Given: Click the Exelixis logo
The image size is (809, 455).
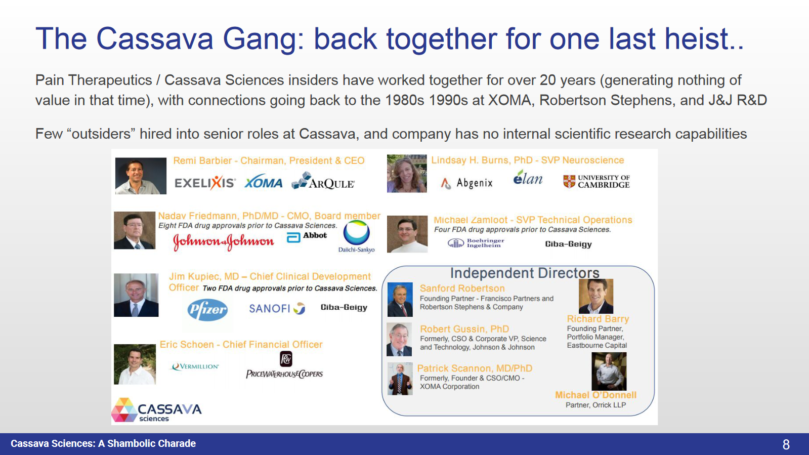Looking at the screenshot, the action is [205, 183].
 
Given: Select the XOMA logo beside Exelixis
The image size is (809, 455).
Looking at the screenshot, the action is [263, 182].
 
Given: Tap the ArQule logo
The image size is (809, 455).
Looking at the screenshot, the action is [323, 181].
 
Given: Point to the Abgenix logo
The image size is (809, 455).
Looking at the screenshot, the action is [466, 183].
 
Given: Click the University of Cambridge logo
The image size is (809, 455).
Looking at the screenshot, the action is [597, 181].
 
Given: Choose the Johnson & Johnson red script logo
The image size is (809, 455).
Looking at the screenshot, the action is [223, 242].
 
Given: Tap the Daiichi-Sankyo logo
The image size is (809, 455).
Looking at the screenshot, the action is [357, 237].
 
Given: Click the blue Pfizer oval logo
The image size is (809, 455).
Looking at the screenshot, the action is [207, 310].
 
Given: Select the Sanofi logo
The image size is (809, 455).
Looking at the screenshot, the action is [277, 308].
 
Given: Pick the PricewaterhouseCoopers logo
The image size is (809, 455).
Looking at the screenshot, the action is [285, 365].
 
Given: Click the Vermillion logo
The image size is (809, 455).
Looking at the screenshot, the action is [195, 366].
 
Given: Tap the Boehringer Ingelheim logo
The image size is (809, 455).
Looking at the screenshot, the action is [476, 243].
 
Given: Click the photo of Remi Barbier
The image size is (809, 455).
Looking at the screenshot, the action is [141, 176].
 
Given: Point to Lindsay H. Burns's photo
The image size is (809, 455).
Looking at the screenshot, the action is [407, 174].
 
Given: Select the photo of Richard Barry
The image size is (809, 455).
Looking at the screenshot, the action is [596, 297].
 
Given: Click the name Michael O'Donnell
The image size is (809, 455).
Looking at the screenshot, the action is [595, 395].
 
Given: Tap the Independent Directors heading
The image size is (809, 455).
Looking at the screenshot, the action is [525, 273].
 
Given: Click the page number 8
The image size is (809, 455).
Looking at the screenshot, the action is [786, 444].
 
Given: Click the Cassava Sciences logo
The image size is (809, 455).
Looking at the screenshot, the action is [156, 410].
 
